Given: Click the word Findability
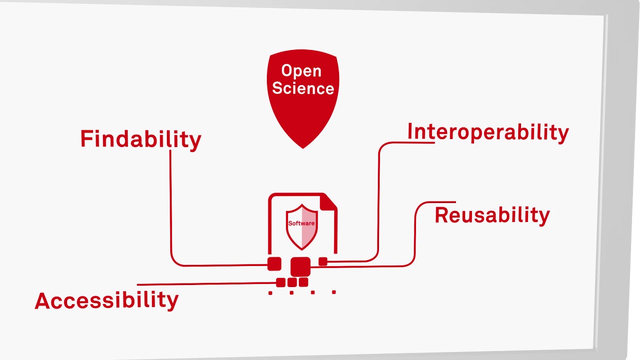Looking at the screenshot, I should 140,139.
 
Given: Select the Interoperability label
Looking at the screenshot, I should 488,132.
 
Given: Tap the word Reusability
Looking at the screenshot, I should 492,215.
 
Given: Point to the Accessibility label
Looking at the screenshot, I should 106,300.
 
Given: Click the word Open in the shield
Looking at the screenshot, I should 301,71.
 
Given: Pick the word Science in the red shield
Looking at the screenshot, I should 303,88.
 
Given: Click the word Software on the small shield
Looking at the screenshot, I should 301,223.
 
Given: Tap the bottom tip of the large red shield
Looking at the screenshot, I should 303,146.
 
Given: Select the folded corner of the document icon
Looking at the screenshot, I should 328,201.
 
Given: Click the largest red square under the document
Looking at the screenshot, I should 300,266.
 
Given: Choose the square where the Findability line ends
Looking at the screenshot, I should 274,264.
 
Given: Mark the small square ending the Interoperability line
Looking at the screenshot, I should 323,261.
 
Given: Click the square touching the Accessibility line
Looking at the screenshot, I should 280,282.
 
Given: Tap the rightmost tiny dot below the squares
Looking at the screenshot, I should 334,292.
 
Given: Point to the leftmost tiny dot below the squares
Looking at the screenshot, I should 270,293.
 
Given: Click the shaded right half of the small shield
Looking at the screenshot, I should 309,227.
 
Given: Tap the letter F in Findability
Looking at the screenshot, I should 86,138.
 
